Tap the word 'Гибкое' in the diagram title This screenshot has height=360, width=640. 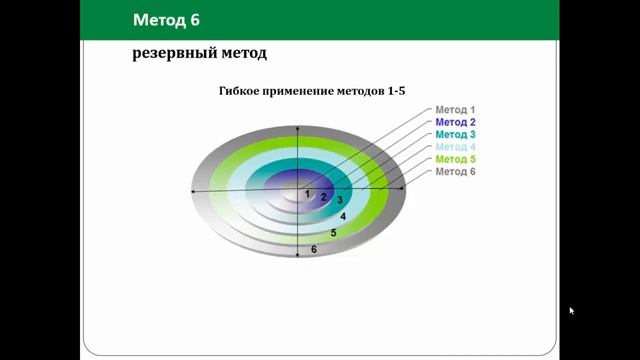[x=242, y=91]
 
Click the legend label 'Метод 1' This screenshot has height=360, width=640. [x=455, y=109]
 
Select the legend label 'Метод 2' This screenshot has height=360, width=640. [x=455, y=122]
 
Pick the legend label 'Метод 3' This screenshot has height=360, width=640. [x=455, y=134]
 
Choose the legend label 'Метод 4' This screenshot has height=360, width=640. [x=455, y=147]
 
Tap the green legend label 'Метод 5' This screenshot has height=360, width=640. [x=455, y=159]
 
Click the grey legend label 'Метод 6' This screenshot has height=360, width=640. [x=455, y=172]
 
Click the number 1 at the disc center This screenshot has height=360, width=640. [x=308, y=194]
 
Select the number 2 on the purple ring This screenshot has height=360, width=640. [x=324, y=197]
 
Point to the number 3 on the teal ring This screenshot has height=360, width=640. [x=339, y=201]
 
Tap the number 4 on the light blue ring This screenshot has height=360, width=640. [x=343, y=216]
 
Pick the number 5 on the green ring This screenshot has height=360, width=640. [x=333, y=233]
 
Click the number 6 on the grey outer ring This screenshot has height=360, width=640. [x=314, y=249]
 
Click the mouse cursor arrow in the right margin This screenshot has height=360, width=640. [x=571, y=310]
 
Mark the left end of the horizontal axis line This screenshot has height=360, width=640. [x=192, y=190]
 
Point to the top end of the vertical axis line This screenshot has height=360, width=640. [x=300, y=121]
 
